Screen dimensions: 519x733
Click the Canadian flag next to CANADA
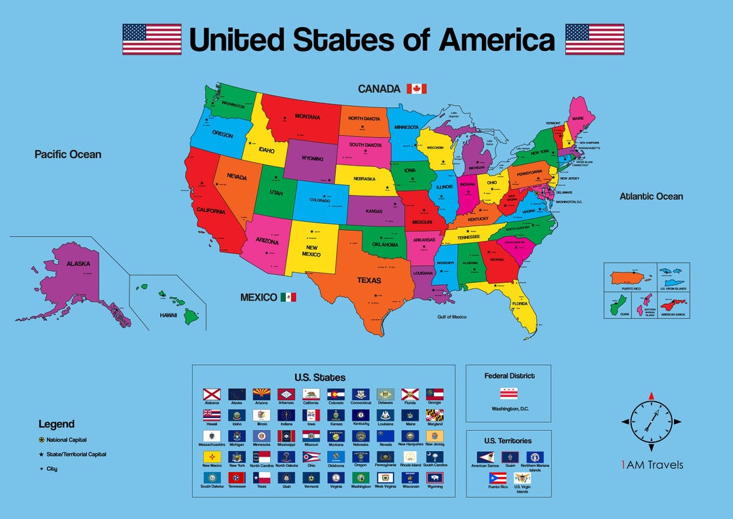coord(416,89)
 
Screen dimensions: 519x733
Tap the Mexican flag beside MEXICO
coord(288,297)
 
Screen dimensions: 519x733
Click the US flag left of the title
coord(151,39)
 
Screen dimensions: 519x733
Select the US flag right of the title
coord(595,39)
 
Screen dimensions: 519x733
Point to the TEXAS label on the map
coord(369,280)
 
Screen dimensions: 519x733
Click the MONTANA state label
coord(307,117)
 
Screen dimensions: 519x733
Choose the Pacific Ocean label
coord(68,155)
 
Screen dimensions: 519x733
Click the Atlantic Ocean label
coord(651,197)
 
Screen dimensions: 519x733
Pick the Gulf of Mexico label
coord(451,317)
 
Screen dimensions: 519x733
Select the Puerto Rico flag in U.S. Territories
coord(497,478)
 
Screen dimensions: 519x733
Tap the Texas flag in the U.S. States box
coord(262,478)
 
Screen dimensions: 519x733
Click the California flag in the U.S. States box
coord(311,394)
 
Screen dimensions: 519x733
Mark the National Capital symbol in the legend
coord(41,440)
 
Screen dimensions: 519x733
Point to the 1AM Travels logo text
coord(652,465)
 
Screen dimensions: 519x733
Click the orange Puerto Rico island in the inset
coord(631,278)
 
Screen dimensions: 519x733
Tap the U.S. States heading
coord(320,377)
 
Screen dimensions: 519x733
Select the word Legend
coord(56,424)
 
